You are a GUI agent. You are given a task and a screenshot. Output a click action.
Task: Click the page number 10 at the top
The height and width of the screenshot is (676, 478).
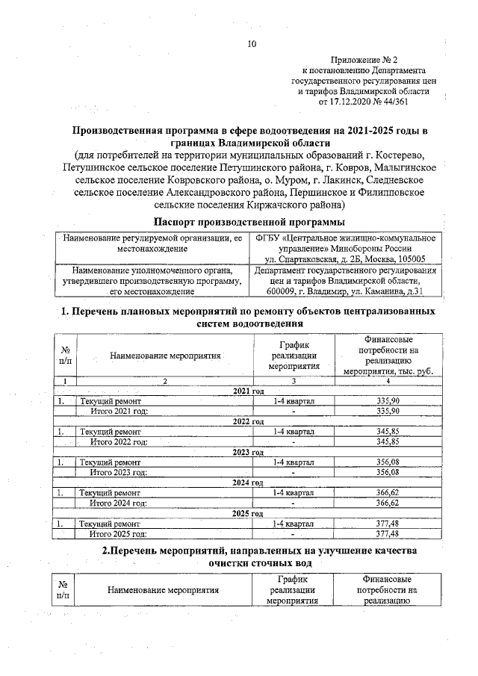(x=252, y=45)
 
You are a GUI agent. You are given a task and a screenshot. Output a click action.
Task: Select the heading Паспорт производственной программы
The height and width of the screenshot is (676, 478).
(x=249, y=222)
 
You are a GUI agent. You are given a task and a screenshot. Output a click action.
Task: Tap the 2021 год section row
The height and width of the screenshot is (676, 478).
(x=249, y=391)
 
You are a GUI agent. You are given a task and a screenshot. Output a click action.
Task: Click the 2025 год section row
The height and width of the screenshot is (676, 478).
(x=249, y=514)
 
